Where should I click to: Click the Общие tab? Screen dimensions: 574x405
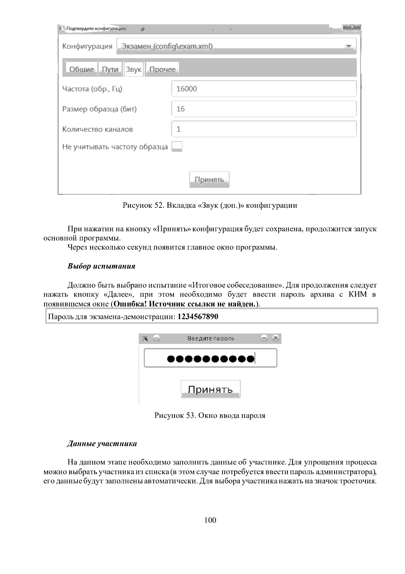[81, 69]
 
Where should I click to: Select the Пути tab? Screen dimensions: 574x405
[110, 69]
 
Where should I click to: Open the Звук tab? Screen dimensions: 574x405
[134, 69]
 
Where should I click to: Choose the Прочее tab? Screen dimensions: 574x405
[163, 69]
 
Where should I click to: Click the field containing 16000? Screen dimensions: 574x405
[264, 89]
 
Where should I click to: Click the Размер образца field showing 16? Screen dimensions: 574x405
[264, 109]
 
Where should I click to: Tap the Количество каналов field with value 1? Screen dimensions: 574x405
[264, 129]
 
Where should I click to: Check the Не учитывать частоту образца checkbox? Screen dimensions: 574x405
[177, 147]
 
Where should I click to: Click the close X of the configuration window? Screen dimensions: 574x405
[351, 27]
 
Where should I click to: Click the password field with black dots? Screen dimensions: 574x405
[210, 358]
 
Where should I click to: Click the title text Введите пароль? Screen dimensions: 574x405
[211, 339]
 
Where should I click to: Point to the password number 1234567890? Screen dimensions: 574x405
[198, 317]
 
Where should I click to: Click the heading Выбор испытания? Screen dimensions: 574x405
[101, 266]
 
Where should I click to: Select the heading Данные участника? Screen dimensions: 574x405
[102, 444]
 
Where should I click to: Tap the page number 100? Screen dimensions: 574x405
[210, 520]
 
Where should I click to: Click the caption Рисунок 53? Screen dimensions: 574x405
[174, 416]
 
